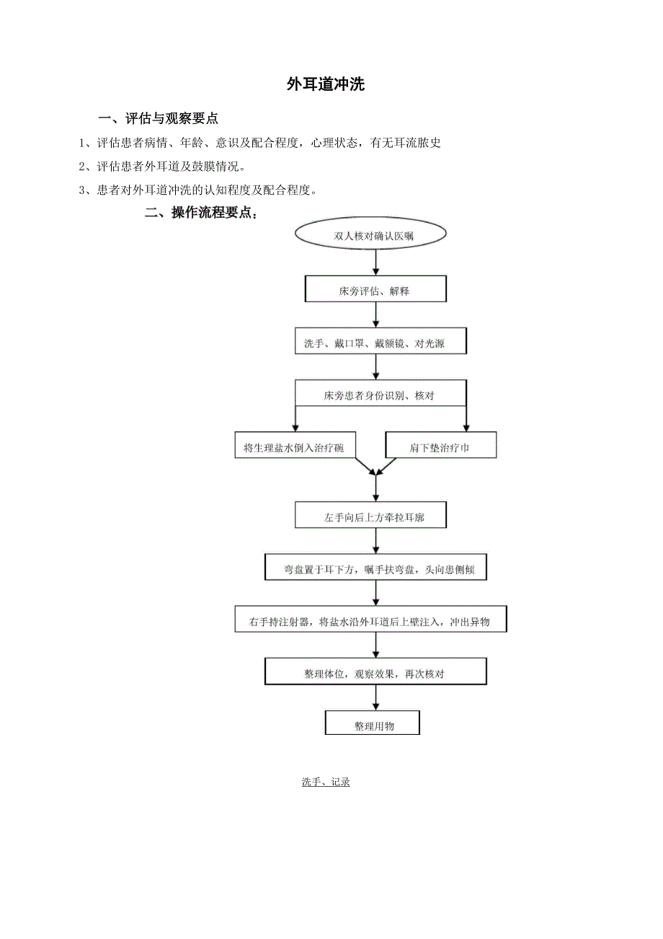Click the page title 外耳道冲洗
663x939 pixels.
(x=326, y=85)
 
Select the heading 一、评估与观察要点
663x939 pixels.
(x=159, y=118)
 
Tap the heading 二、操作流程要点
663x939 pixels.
(x=201, y=213)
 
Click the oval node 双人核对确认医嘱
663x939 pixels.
(x=374, y=236)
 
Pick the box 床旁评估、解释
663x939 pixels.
(x=375, y=291)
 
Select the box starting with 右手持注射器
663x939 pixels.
(x=370, y=620)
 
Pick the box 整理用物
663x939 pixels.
(x=373, y=725)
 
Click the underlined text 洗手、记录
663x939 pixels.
(x=326, y=782)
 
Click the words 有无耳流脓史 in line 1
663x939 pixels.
(x=405, y=143)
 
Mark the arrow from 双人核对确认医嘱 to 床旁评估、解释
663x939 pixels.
(x=375, y=261)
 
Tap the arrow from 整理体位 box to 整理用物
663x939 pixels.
(x=375, y=697)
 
